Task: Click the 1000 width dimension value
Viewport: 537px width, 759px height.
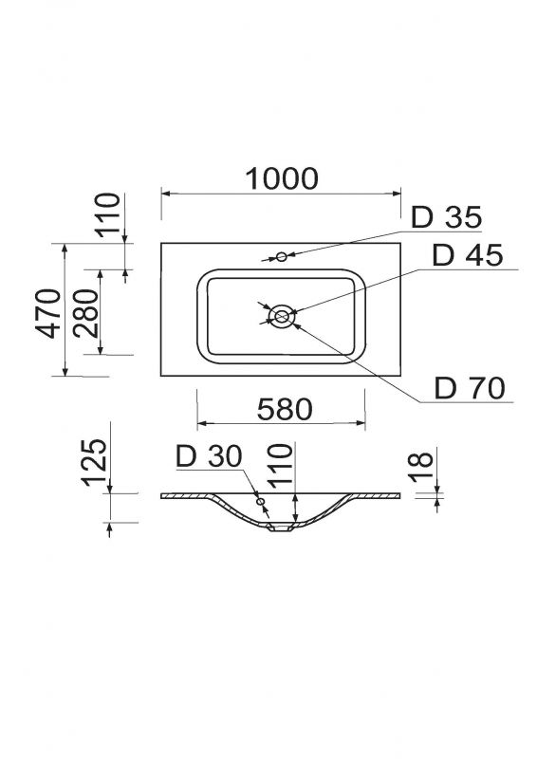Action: coord(282,178)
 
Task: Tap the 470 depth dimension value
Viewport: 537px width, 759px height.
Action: coord(48,313)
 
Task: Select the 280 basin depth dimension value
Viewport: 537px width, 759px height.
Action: coord(87,313)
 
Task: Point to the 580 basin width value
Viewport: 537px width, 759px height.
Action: coord(285,409)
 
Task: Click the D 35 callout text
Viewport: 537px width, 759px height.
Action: coord(447,217)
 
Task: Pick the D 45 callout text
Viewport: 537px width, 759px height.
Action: coord(468,255)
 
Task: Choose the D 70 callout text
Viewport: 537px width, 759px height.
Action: coord(470,387)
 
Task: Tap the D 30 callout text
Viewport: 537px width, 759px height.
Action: coord(209,456)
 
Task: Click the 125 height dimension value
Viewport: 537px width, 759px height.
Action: coord(94,462)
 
